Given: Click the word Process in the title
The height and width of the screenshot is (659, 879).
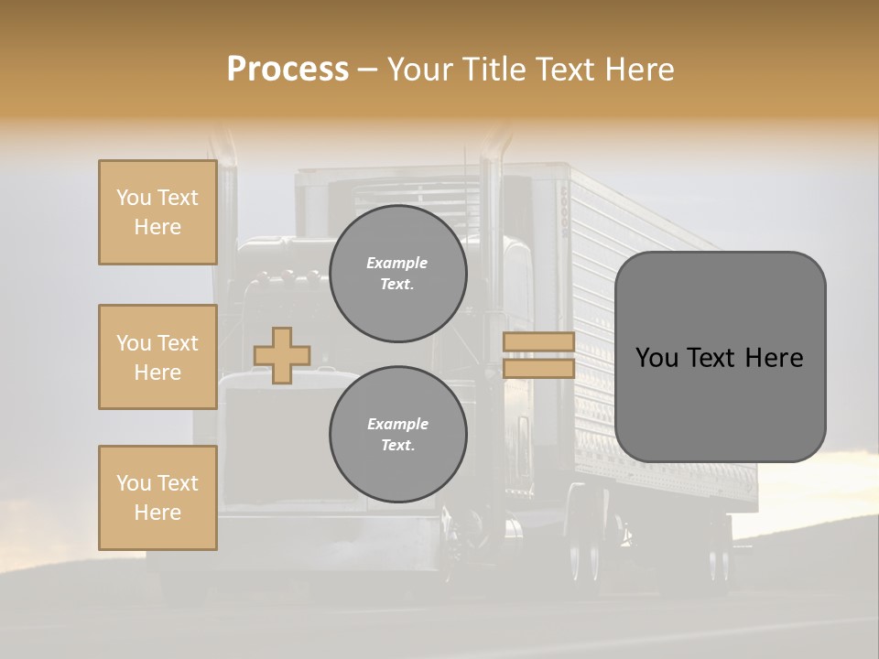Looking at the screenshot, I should point(288,70).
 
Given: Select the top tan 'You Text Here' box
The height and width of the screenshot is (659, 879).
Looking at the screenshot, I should point(157,212).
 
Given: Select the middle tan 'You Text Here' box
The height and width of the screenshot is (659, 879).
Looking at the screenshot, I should point(157,357).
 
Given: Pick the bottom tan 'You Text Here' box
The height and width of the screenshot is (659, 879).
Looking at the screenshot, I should point(157,498).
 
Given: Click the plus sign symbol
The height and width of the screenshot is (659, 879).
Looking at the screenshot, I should point(282,355).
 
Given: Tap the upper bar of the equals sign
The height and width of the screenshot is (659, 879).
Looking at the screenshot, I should point(538,341).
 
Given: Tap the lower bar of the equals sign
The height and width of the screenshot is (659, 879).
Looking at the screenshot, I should point(538,368).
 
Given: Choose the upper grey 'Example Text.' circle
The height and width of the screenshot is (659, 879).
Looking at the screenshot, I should point(397,274).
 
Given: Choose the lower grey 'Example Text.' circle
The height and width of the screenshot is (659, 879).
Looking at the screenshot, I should point(397,435).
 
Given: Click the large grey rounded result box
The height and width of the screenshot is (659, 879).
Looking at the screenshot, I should point(720,357).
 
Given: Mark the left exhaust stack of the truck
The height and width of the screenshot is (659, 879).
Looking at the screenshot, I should point(224,201).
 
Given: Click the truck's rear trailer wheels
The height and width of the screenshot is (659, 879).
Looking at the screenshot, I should point(586,549).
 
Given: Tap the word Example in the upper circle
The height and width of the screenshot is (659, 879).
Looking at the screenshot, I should point(397,263).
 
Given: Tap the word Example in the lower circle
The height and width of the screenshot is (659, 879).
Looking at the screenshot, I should point(397,424).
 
